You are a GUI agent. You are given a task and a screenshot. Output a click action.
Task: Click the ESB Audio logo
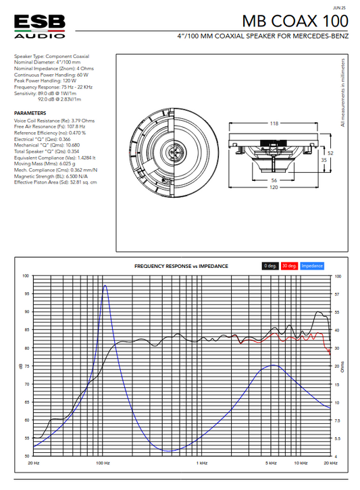[39, 24]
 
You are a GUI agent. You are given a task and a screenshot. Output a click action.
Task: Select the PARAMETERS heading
[30, 113]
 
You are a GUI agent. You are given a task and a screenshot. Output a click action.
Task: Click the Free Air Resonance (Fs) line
[49, 126]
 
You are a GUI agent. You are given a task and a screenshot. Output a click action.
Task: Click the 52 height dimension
[330, 153]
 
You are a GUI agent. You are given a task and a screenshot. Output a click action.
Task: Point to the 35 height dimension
[323, 161]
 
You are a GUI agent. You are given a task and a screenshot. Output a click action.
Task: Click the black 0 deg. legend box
[270, 266]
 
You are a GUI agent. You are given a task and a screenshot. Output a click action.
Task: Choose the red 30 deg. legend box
[290, 266]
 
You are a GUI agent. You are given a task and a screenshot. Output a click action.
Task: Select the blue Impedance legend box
[312, 266]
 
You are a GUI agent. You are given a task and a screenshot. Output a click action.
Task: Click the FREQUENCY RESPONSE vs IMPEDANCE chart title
[181, 266]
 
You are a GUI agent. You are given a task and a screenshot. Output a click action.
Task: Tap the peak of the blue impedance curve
[105, 285]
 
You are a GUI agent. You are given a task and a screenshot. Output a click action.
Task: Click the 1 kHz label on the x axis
[201, 463]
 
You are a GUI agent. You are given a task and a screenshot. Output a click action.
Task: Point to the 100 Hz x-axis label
[103, 463]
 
